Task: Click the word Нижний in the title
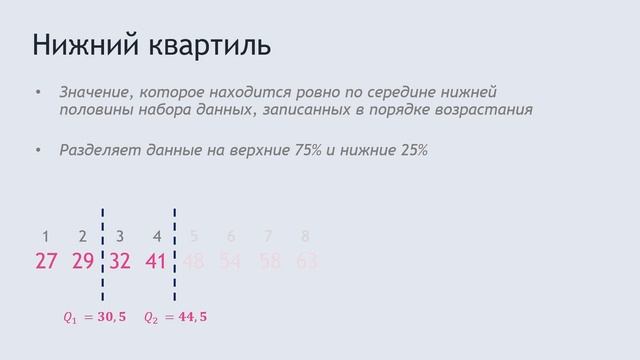(x=83, y=47)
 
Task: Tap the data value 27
(x=46, y=263)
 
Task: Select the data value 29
(x=83, y=263)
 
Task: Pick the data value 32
(x=120, y=263)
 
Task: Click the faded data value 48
(x=194, y=263)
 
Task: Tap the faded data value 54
(x=231, y=263)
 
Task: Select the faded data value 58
(x=268, y=263)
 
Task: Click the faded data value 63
(x=306, y=263)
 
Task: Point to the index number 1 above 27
(x=46, y=237)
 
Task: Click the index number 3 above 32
(x=120, y=237)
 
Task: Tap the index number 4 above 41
(x=157, y=237)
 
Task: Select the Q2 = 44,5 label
(x=176, y=317)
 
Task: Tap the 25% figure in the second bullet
(x=411, y=151)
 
